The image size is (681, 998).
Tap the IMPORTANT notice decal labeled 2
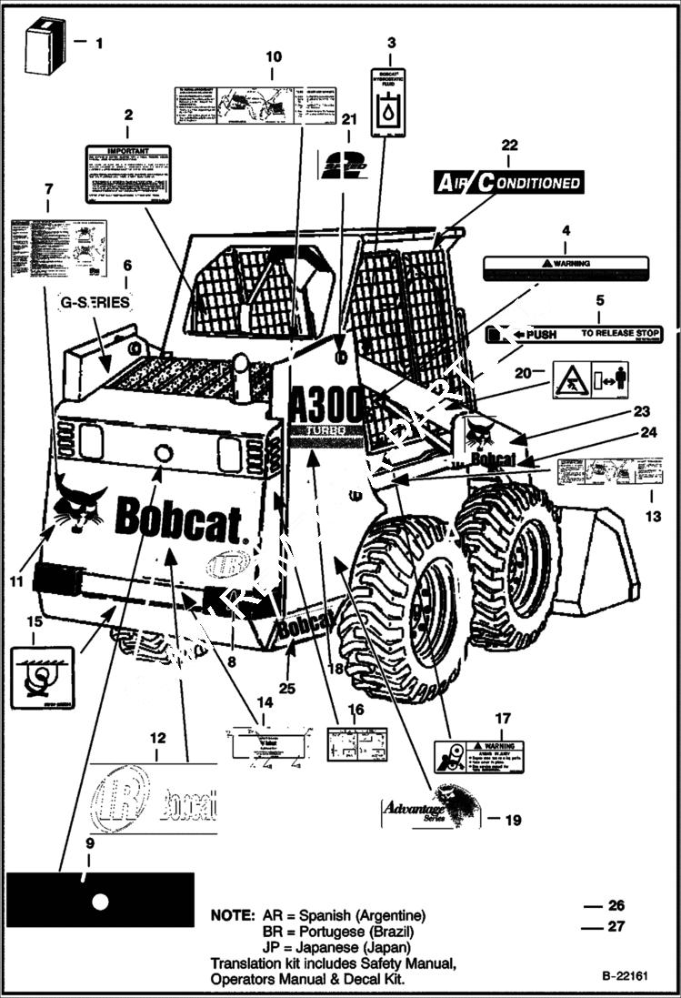coord(128,172)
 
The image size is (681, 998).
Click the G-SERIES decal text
coord(95,302)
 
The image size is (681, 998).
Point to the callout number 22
coord(509,146)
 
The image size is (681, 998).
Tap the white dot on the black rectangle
coord(100,901)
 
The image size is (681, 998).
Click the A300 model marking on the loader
coord(325,405)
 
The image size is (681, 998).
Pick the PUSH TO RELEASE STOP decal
coord(574,335)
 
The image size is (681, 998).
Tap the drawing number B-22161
coord(624,975)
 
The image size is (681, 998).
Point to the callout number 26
coord(616,906)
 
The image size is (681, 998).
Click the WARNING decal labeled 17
coord(478,754)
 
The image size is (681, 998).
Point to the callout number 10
coord(274,57)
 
